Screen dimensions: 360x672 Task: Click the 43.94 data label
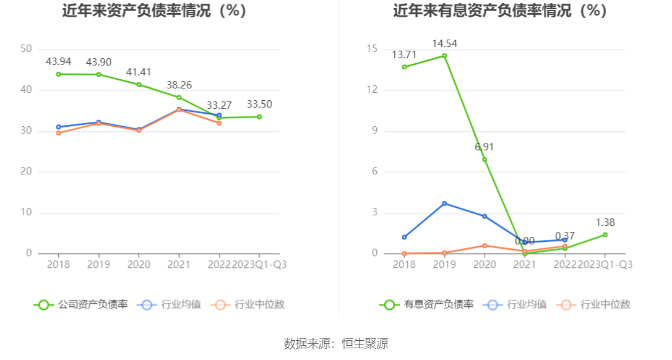point(58,62)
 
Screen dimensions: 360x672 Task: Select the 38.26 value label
point(179,85)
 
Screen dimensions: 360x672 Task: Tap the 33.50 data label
point(259,104)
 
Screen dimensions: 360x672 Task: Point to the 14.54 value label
point(444,43)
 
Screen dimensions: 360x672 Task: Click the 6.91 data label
point(485,147)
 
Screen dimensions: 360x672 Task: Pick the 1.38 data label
point(605,222)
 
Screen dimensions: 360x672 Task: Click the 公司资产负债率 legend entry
point(82,304)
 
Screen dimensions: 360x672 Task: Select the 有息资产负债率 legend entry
point(428,304)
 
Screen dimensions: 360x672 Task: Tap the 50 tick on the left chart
point(26,49)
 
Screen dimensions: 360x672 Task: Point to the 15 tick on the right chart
point(372,49)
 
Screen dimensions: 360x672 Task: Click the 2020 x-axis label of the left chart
point(139,264)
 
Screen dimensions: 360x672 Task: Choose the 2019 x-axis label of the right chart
point(444,264)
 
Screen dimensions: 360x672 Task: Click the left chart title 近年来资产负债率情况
point(154,11)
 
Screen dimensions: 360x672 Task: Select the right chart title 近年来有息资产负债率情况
point(500,11)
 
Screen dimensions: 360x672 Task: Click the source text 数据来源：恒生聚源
point(336,344)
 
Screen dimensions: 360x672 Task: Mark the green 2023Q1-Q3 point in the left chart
point(259,116)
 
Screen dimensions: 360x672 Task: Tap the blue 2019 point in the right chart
point(444,203)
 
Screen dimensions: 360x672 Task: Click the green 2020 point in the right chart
point(485,159)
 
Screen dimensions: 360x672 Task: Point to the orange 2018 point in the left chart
point(58,133)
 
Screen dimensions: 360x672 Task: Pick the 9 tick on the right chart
point(374,131)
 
